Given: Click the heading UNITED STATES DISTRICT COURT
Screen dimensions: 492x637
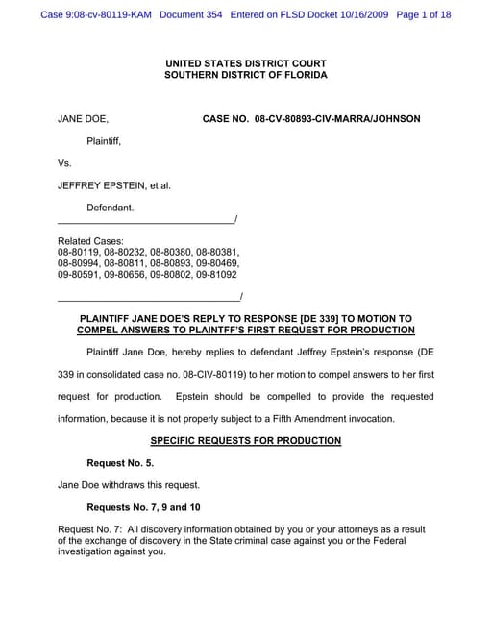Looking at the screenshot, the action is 245,62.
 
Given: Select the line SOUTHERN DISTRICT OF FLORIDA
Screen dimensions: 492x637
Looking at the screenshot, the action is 245,75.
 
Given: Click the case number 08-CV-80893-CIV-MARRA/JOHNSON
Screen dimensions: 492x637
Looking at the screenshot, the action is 311,119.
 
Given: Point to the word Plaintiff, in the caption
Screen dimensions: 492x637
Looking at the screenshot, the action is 105,140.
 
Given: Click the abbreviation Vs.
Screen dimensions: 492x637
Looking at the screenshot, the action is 65,162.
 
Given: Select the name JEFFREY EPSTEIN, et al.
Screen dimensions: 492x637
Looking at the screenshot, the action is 114,184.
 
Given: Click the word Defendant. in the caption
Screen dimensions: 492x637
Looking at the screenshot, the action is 111,207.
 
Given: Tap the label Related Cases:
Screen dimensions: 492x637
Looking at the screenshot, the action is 90,240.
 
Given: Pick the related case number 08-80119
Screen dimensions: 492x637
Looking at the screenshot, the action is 79,252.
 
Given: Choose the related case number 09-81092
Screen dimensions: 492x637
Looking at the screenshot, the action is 216,274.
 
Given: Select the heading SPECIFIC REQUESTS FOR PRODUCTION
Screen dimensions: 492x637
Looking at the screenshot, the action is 245,440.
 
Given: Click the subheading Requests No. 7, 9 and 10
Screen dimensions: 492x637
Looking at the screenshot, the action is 143,506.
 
